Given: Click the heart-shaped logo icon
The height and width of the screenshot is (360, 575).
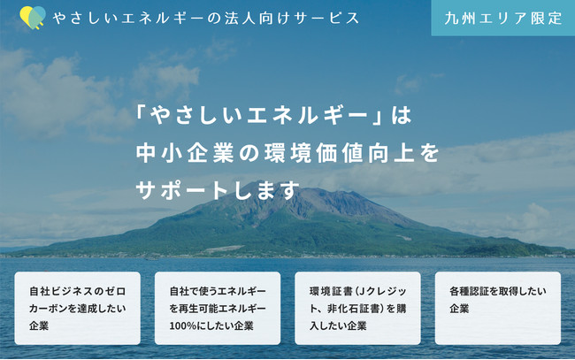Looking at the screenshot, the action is point(33,17).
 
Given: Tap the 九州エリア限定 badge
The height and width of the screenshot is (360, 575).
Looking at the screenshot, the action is point(503,18).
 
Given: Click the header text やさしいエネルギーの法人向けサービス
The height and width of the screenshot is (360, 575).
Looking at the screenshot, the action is point(206,18).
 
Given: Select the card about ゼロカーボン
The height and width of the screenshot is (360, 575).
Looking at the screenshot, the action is point(77,308).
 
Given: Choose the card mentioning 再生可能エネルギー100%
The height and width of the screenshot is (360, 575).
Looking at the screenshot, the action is point(218,308).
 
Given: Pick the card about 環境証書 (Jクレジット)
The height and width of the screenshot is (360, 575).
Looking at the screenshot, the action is point(357,308).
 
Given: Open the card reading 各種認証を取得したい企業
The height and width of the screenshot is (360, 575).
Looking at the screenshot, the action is point(498,308).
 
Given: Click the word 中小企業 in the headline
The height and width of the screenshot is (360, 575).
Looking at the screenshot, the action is point(185,153).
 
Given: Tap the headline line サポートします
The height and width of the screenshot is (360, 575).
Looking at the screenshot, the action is point(218,191).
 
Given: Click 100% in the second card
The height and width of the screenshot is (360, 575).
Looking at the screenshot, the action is point(183,326).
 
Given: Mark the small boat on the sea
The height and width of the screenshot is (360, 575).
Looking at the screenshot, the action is point(152,258).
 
